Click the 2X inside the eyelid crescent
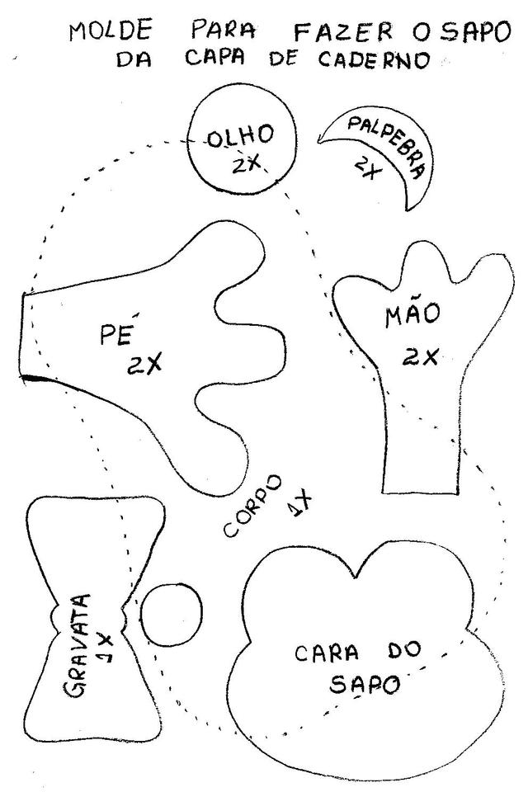coord(365,169)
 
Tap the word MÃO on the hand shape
coord(412,315)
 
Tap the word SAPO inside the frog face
coord(365,684)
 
